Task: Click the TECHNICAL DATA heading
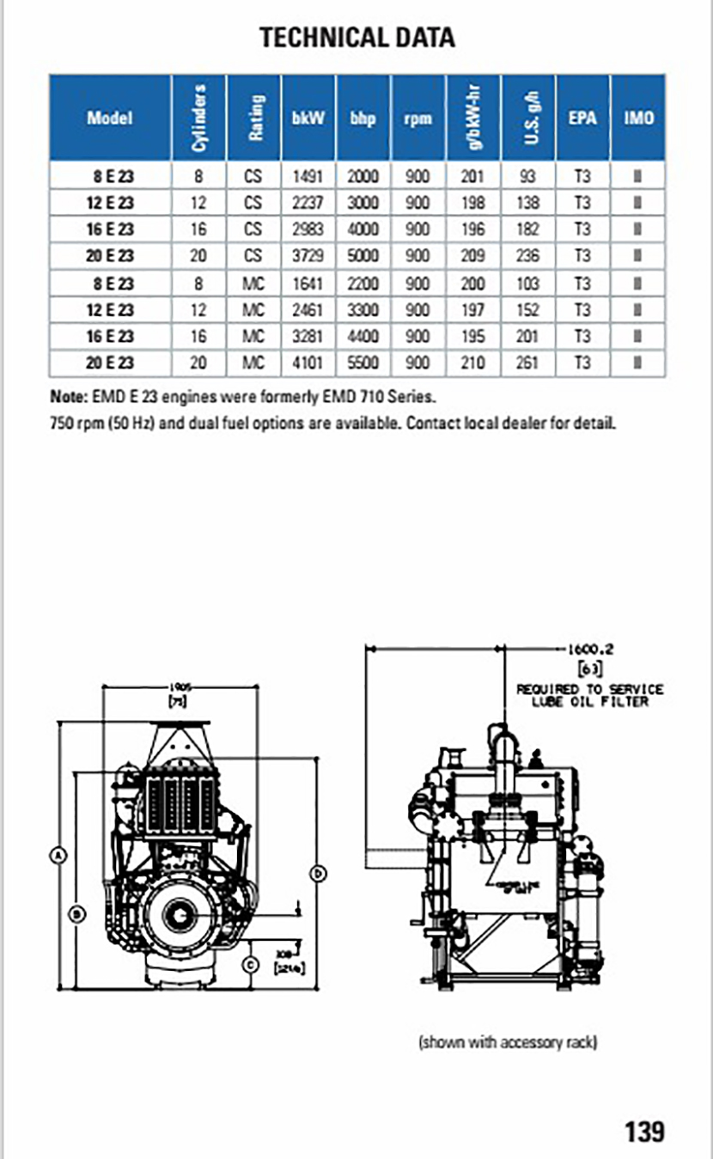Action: click(356, 37)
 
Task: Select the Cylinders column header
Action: click(198, 118)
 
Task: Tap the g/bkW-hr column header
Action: click(473, 118)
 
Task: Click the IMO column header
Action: click(637, 118)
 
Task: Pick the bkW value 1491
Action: click(308, 178)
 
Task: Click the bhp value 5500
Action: click(363, 363)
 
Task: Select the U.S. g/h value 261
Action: click(528, 363)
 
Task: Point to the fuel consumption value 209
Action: click(473, 256)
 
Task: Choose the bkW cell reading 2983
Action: click(308, 230)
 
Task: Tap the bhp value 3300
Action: click(363, 309)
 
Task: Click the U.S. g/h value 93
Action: click(528, 178)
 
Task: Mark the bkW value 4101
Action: click(308, 363)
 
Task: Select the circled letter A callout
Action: click(58, 855)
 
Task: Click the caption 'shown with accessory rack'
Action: click(508, 1042)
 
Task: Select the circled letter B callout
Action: click(76, 913)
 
